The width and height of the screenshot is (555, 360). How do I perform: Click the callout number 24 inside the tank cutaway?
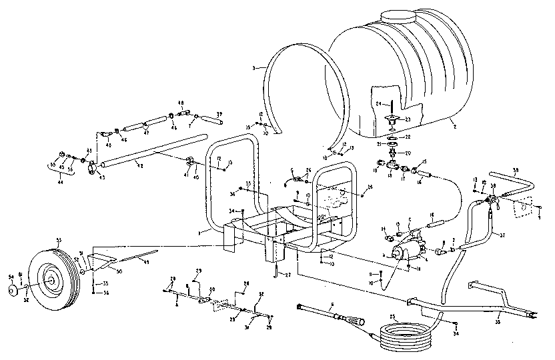pyautogui.click(x=377, y=104)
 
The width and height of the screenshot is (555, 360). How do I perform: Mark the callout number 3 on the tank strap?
pyautogui.click(x=255, y=68)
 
